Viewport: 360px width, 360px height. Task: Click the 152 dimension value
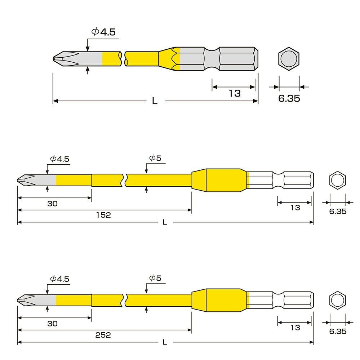click(x=103, y=215)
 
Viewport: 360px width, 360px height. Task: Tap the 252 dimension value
click(x=103, y=335)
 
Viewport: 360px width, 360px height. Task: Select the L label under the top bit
click(x=155, y=101)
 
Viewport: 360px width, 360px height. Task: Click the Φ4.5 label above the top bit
click(x=103, y=32)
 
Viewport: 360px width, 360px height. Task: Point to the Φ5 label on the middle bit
click(x=155, y=158)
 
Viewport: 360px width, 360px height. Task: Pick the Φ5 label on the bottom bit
click(x=155, y=278)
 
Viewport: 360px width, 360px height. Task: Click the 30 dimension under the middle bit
click(x=52, y=204)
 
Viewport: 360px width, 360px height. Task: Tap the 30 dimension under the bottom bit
click(x=52, y=324)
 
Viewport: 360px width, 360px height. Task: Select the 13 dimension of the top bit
click(x=235, y=93)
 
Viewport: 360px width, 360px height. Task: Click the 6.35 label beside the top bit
click(x=289, y=98)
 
